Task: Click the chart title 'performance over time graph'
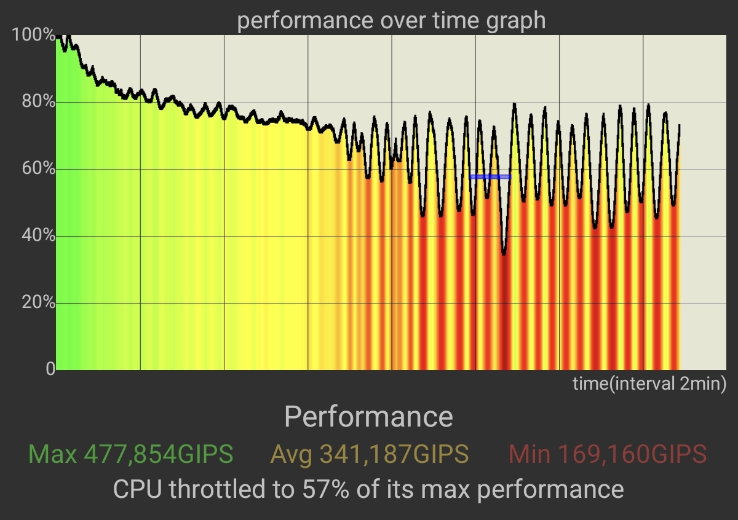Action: (x=391, y=20)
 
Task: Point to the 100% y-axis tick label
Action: (x=33, y=35)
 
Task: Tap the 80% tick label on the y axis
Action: (x=38, y=101)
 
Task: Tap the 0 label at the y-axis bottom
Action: (x=49, y=369)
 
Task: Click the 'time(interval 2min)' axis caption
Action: (x=649, y=384)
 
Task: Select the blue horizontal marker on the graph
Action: (x=490, y=176)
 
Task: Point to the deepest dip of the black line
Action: (x=504, y=253)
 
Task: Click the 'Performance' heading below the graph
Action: (x=368, y=417)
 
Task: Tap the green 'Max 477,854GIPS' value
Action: (x=131, y=455)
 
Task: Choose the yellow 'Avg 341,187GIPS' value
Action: (x=370, y=455)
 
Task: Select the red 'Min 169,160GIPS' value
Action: (x=608, y=455)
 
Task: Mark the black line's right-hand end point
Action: (x=680, y=125)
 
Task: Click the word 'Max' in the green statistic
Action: (x=52, y=455)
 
